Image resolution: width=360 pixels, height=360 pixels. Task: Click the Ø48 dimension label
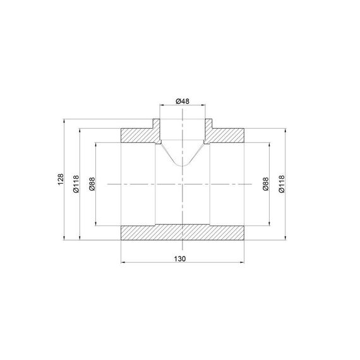[183, 101]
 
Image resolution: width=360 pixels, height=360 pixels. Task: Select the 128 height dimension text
[61, 179]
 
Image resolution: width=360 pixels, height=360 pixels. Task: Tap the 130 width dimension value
[180, 259]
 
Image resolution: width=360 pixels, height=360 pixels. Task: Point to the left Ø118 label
[76, 184]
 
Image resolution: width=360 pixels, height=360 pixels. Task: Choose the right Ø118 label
[282, 184]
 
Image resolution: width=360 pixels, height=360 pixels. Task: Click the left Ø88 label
[92, 184]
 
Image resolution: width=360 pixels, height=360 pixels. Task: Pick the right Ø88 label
[265, 184]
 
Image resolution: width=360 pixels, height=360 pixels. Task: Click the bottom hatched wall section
[183, 232]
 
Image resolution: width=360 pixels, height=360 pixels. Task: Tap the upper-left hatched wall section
[140, 135]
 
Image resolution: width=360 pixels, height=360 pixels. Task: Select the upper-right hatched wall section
[225, 135]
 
